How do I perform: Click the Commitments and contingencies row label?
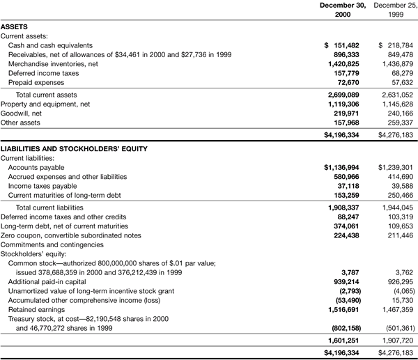(52, 245)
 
